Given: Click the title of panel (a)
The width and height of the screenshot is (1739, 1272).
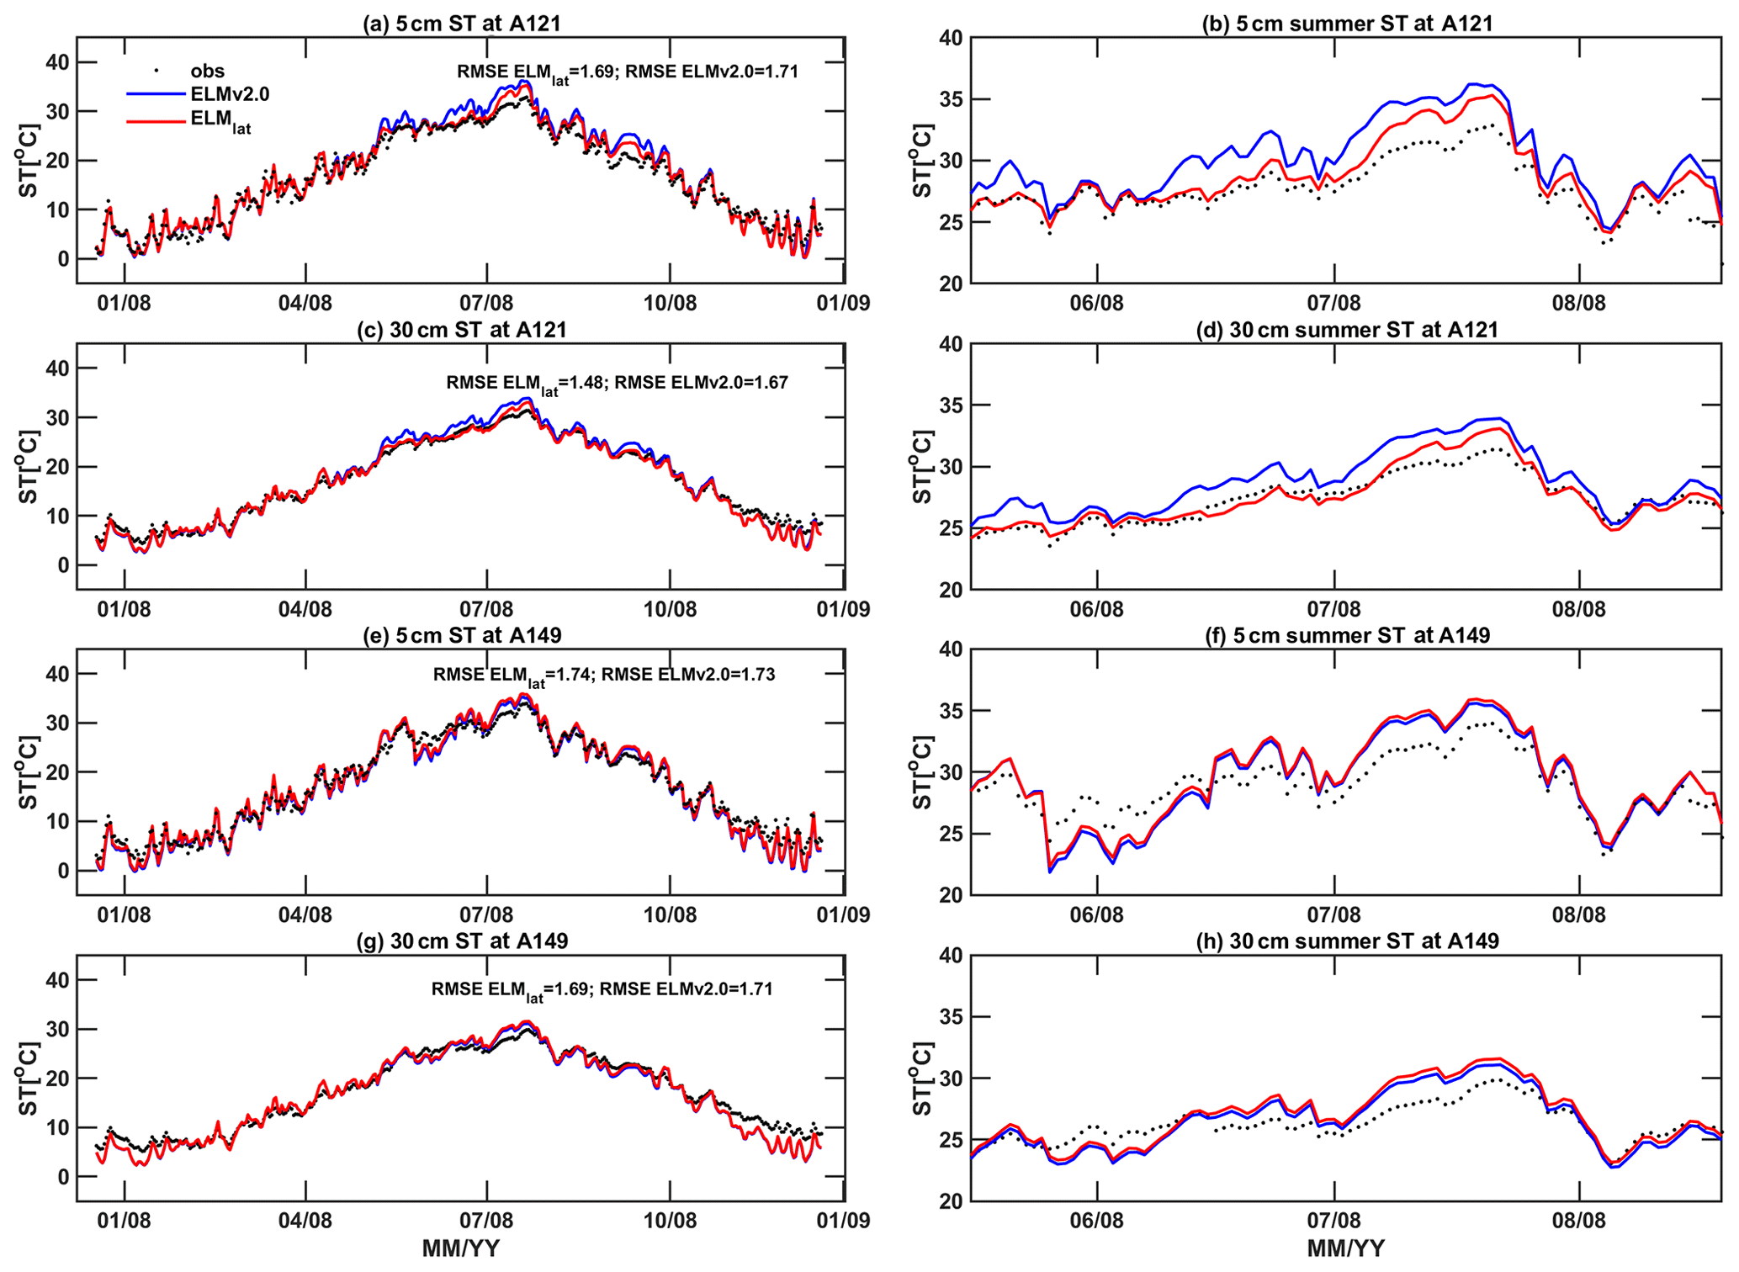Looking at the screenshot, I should pyautogui.click(x=461, y=23).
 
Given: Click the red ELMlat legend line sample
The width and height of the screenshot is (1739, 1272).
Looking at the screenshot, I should pyautogui.click(x=156, y=120).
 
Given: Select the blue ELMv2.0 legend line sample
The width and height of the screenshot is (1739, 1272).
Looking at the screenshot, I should pyautogui.click(x=156, y=93).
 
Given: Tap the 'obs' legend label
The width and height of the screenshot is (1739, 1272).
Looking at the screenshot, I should pyautogui.click(x=208, y=72).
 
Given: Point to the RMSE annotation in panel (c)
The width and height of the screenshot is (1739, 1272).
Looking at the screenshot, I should pyautogui.click(x=617, y=384).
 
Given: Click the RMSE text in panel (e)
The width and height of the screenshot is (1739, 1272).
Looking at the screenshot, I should pyautogui.click(x=603, y=675).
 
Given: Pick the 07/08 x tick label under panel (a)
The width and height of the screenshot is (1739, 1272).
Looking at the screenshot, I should pyautogui.click(x=486, y=303).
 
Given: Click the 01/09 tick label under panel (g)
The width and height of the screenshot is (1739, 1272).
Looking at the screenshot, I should pyautogui.click(x=844, y=1220).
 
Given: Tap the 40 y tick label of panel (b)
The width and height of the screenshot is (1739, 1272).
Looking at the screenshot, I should pyautogui.click(x=949, y=39).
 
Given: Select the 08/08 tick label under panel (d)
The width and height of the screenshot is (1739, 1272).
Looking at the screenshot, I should pyautogui.click(x=1578, y=609).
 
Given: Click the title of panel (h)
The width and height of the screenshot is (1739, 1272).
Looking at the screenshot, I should pyautogui.click(x=1347, y=941).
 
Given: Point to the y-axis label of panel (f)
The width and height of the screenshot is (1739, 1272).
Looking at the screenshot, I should pyautogui.click(x=923, y=771).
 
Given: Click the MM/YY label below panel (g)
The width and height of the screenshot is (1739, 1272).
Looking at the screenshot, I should pyautogui.click(x=460, y=1248).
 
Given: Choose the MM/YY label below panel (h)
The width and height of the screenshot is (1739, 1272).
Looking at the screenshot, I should pyautogui.click(x=1346, y=1248).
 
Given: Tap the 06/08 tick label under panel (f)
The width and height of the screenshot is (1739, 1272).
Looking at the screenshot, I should pyautogui.click(x=1096, y=914).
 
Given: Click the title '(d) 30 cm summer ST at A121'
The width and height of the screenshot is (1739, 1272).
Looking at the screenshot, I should pyautogui.click(x=1347, y=330).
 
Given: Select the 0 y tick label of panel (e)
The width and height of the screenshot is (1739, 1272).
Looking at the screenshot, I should pyautogui.click(x=62, y=871).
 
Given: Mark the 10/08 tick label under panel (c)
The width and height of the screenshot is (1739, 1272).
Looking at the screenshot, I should pyautogui.click(x=670, y=609).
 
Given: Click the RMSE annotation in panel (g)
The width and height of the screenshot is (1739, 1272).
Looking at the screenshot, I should pyautogui.click(x=602, y=989).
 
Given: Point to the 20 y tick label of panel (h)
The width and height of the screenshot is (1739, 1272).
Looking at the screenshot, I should pyautogui.click(x=949, y=1201).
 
